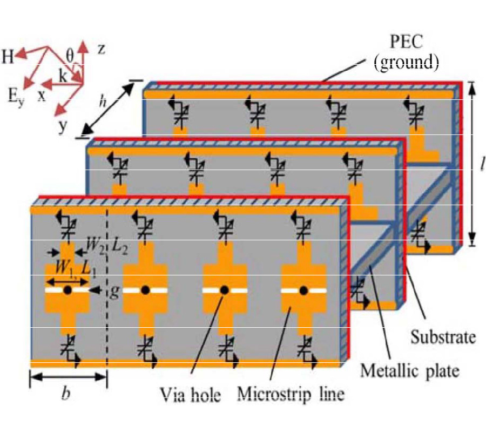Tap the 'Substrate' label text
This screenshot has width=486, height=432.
point(443,338)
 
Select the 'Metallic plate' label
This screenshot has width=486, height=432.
point(410,370)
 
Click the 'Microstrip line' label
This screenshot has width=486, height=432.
point(291,394)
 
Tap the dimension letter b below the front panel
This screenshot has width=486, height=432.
point(66,395)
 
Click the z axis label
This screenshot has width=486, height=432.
point(100,50)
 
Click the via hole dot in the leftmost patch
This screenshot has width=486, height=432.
point(67,291)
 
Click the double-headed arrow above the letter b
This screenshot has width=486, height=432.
point(68,376)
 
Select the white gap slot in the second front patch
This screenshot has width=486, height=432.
point(132,291)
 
